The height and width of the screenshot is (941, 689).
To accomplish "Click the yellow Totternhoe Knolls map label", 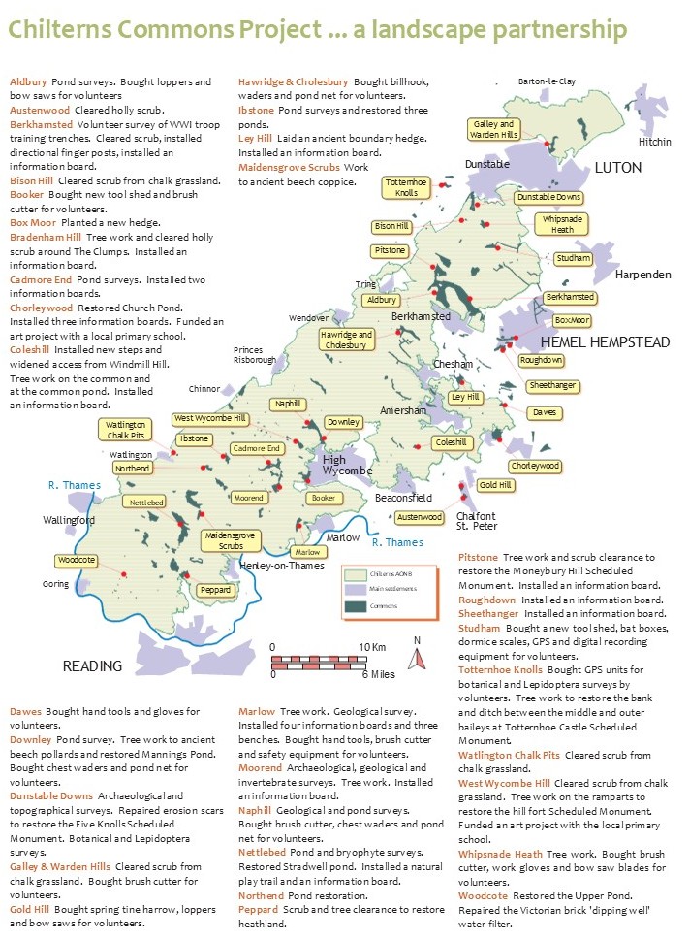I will [x=400, y=187].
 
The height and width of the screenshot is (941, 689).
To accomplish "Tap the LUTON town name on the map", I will [x=617, y=168].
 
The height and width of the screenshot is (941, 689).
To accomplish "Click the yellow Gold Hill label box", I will [x=494, y=485].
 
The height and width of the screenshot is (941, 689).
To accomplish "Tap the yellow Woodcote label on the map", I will [x=76, y=561].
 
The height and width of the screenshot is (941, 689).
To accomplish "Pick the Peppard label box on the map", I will [x=214, y=589].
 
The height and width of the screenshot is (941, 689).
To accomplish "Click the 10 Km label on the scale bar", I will [x=372, y=647].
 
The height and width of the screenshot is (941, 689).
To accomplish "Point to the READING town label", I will [x=92, y=666].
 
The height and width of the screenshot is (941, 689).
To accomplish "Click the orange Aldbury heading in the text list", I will [x=28, y=82].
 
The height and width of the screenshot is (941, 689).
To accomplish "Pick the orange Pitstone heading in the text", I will [x=478, y=558].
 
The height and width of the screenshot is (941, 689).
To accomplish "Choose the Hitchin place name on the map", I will [x=654, y=142].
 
